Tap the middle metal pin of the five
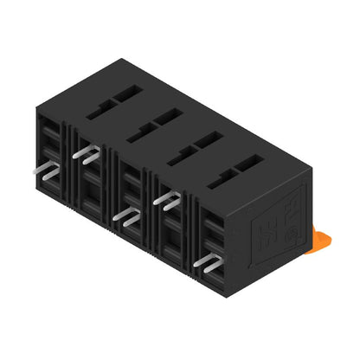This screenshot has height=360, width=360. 126,215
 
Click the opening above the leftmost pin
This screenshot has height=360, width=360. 50,138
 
